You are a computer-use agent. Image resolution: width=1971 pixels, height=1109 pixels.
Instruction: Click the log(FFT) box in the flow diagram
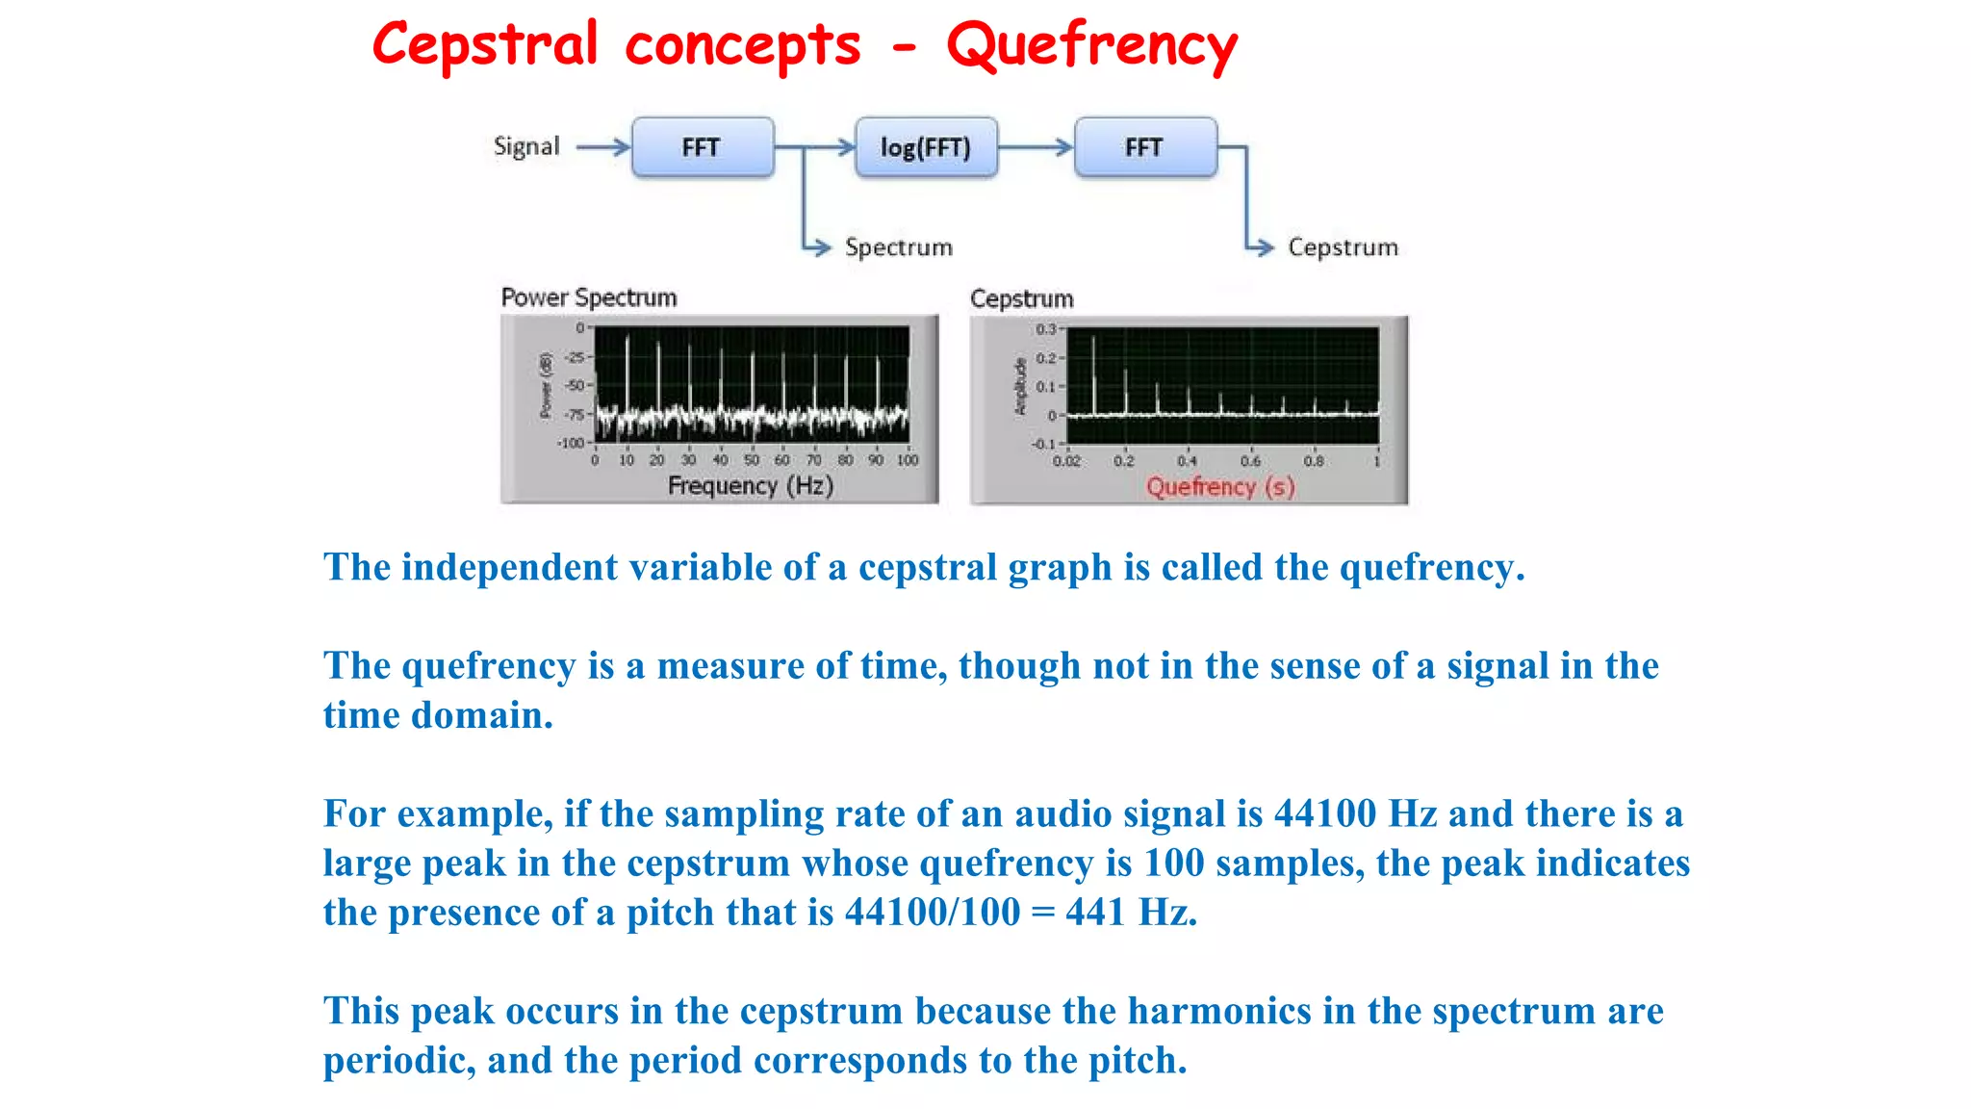coord(926,147)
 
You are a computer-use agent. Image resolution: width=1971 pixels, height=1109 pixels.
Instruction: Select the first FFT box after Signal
coord(702,147)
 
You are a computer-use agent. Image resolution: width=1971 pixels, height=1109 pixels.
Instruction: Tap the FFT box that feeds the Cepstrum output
coord(1144,147)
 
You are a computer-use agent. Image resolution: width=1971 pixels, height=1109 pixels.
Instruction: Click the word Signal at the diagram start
coord(526,146)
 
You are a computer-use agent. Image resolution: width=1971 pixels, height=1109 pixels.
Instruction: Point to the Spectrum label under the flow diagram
coord(898,247)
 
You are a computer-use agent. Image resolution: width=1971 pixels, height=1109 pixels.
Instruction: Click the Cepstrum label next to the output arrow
coord(1343,247)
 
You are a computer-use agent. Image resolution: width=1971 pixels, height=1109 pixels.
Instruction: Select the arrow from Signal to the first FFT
coord(603,147)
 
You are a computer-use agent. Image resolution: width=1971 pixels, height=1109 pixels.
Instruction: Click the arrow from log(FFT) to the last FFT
coord(1036,147)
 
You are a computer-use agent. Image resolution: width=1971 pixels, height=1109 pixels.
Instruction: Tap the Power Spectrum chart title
coord(589,297)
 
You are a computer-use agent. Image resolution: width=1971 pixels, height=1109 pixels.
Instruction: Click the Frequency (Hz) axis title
coord(751,485)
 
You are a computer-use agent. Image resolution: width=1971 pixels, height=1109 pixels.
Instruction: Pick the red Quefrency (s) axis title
coord(1220,487)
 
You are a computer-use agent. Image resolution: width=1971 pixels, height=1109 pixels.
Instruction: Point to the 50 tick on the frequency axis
coord(752,460)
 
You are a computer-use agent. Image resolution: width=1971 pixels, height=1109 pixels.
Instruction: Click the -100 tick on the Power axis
coord(571,443)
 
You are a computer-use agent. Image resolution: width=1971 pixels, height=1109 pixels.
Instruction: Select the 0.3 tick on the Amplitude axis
coord(1046,329)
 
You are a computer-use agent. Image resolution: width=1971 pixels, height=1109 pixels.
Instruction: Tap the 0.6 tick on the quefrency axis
coord(1250,461)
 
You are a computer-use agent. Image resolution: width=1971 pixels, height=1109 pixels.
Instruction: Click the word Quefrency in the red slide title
coord(1091,45)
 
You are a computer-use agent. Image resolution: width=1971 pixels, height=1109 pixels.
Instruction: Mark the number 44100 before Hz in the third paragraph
coord(1325,814)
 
